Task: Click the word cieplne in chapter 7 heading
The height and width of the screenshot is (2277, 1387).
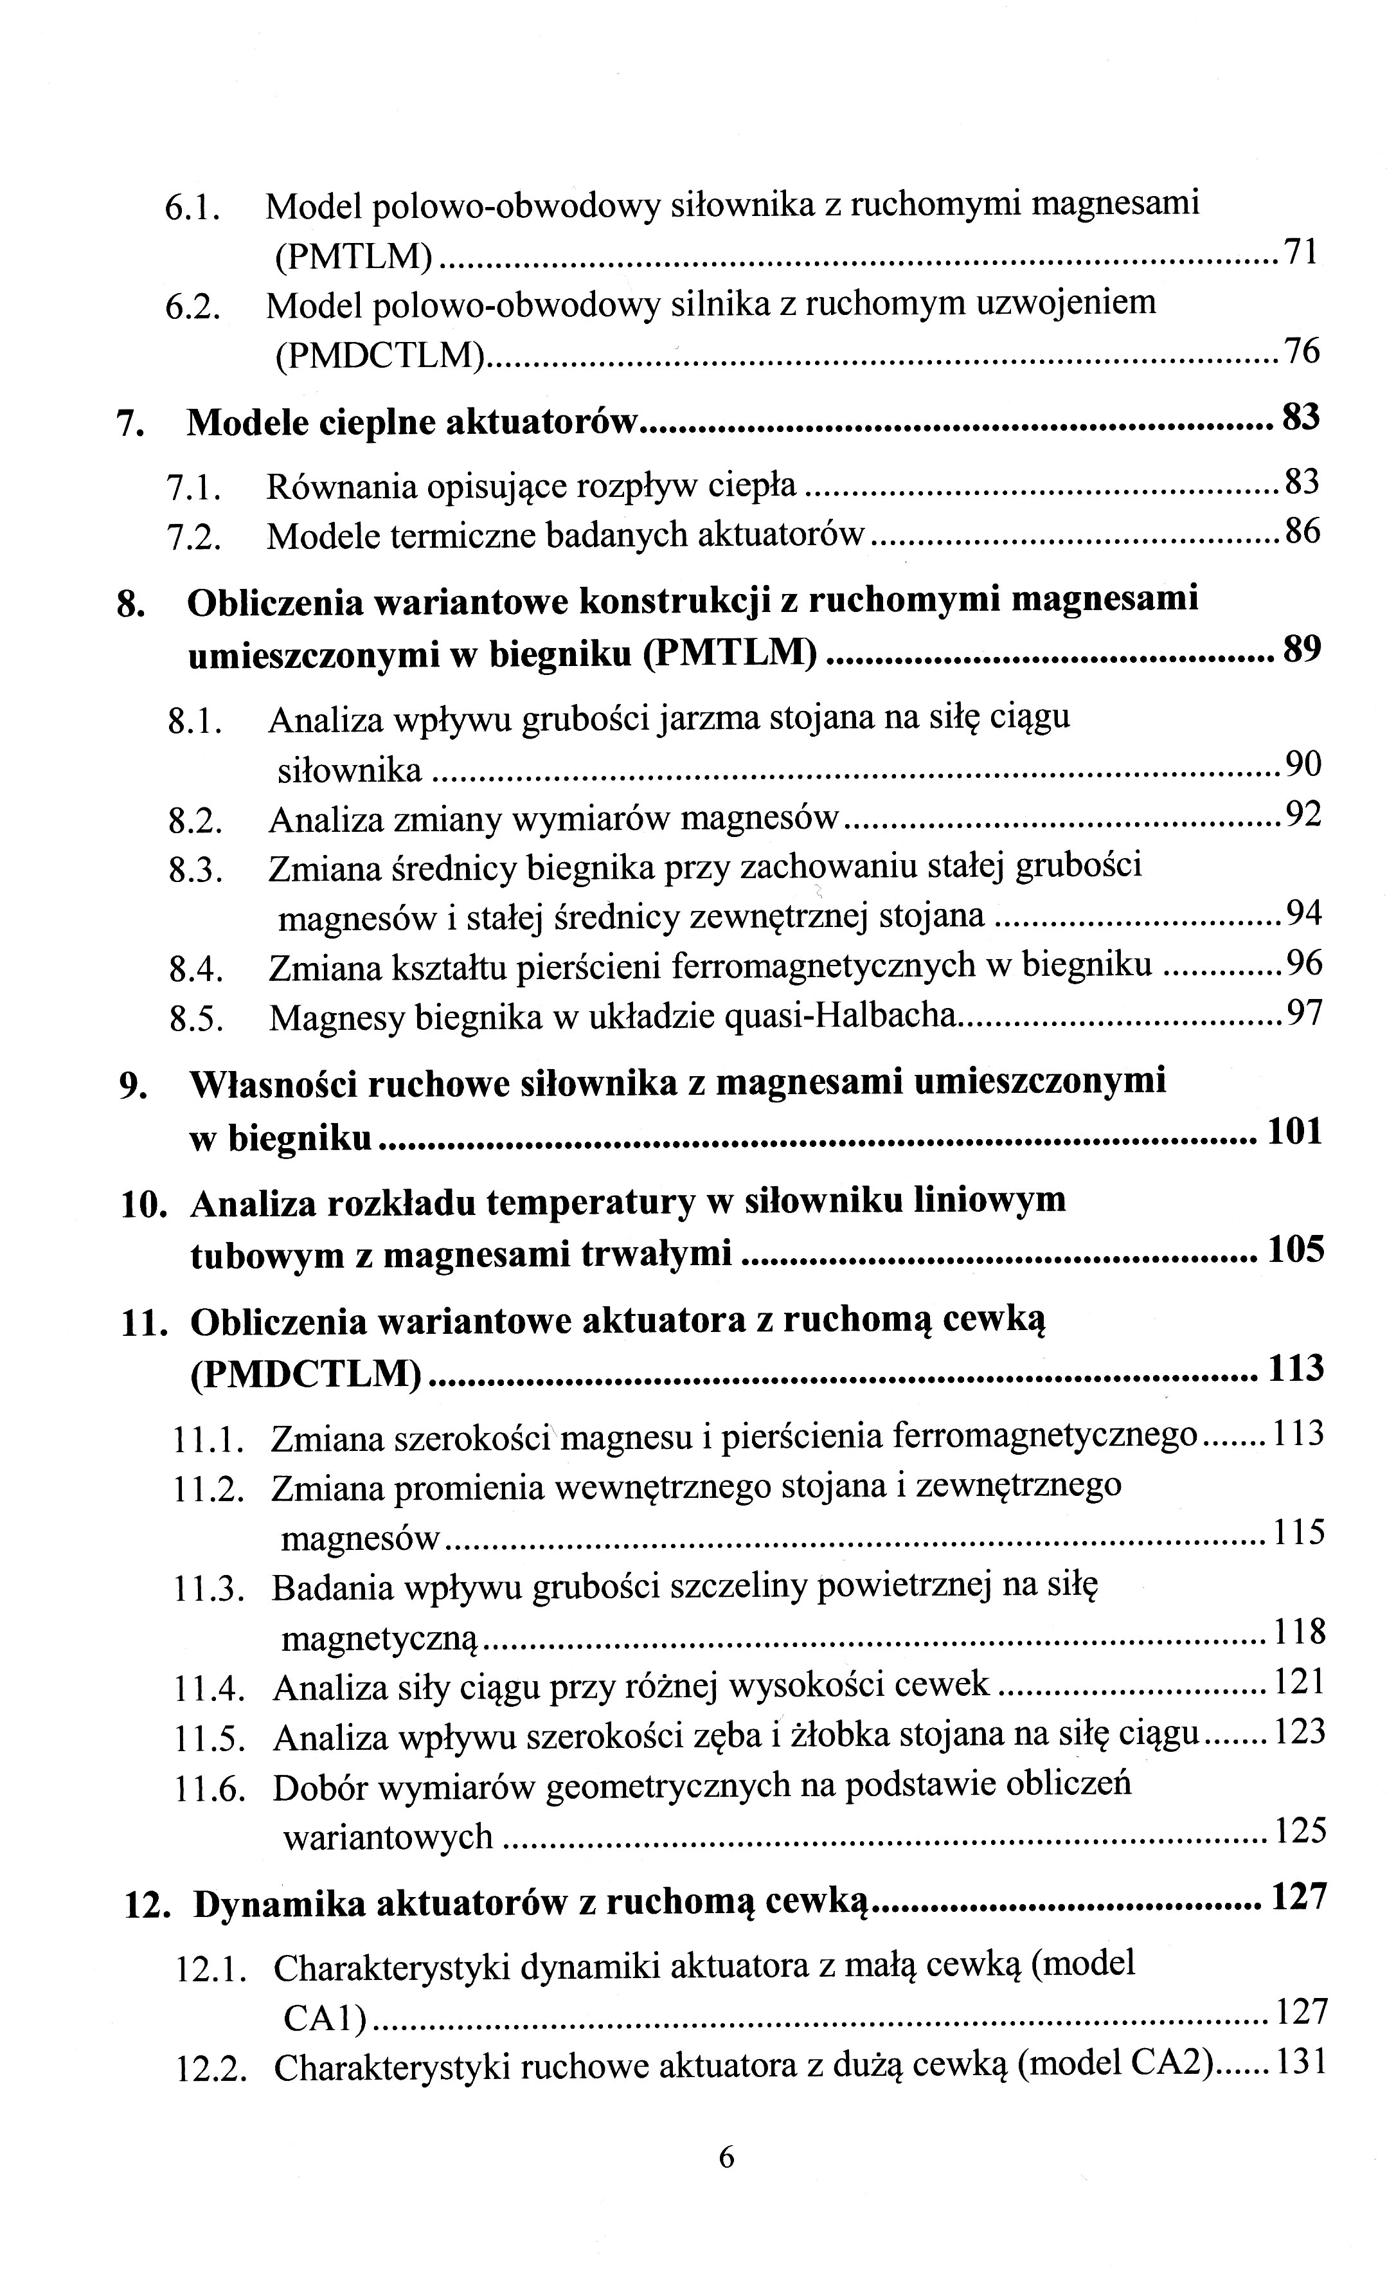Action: pyautogui.click(x=377, y=422)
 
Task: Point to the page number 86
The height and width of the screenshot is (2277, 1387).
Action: pyautogui.click(x=1302, y=532)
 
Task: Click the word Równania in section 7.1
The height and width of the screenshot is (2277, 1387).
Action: pyautogui.click(x=340, y=486)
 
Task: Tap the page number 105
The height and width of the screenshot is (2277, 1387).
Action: pyautogui.click(x=1296, y=1250)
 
